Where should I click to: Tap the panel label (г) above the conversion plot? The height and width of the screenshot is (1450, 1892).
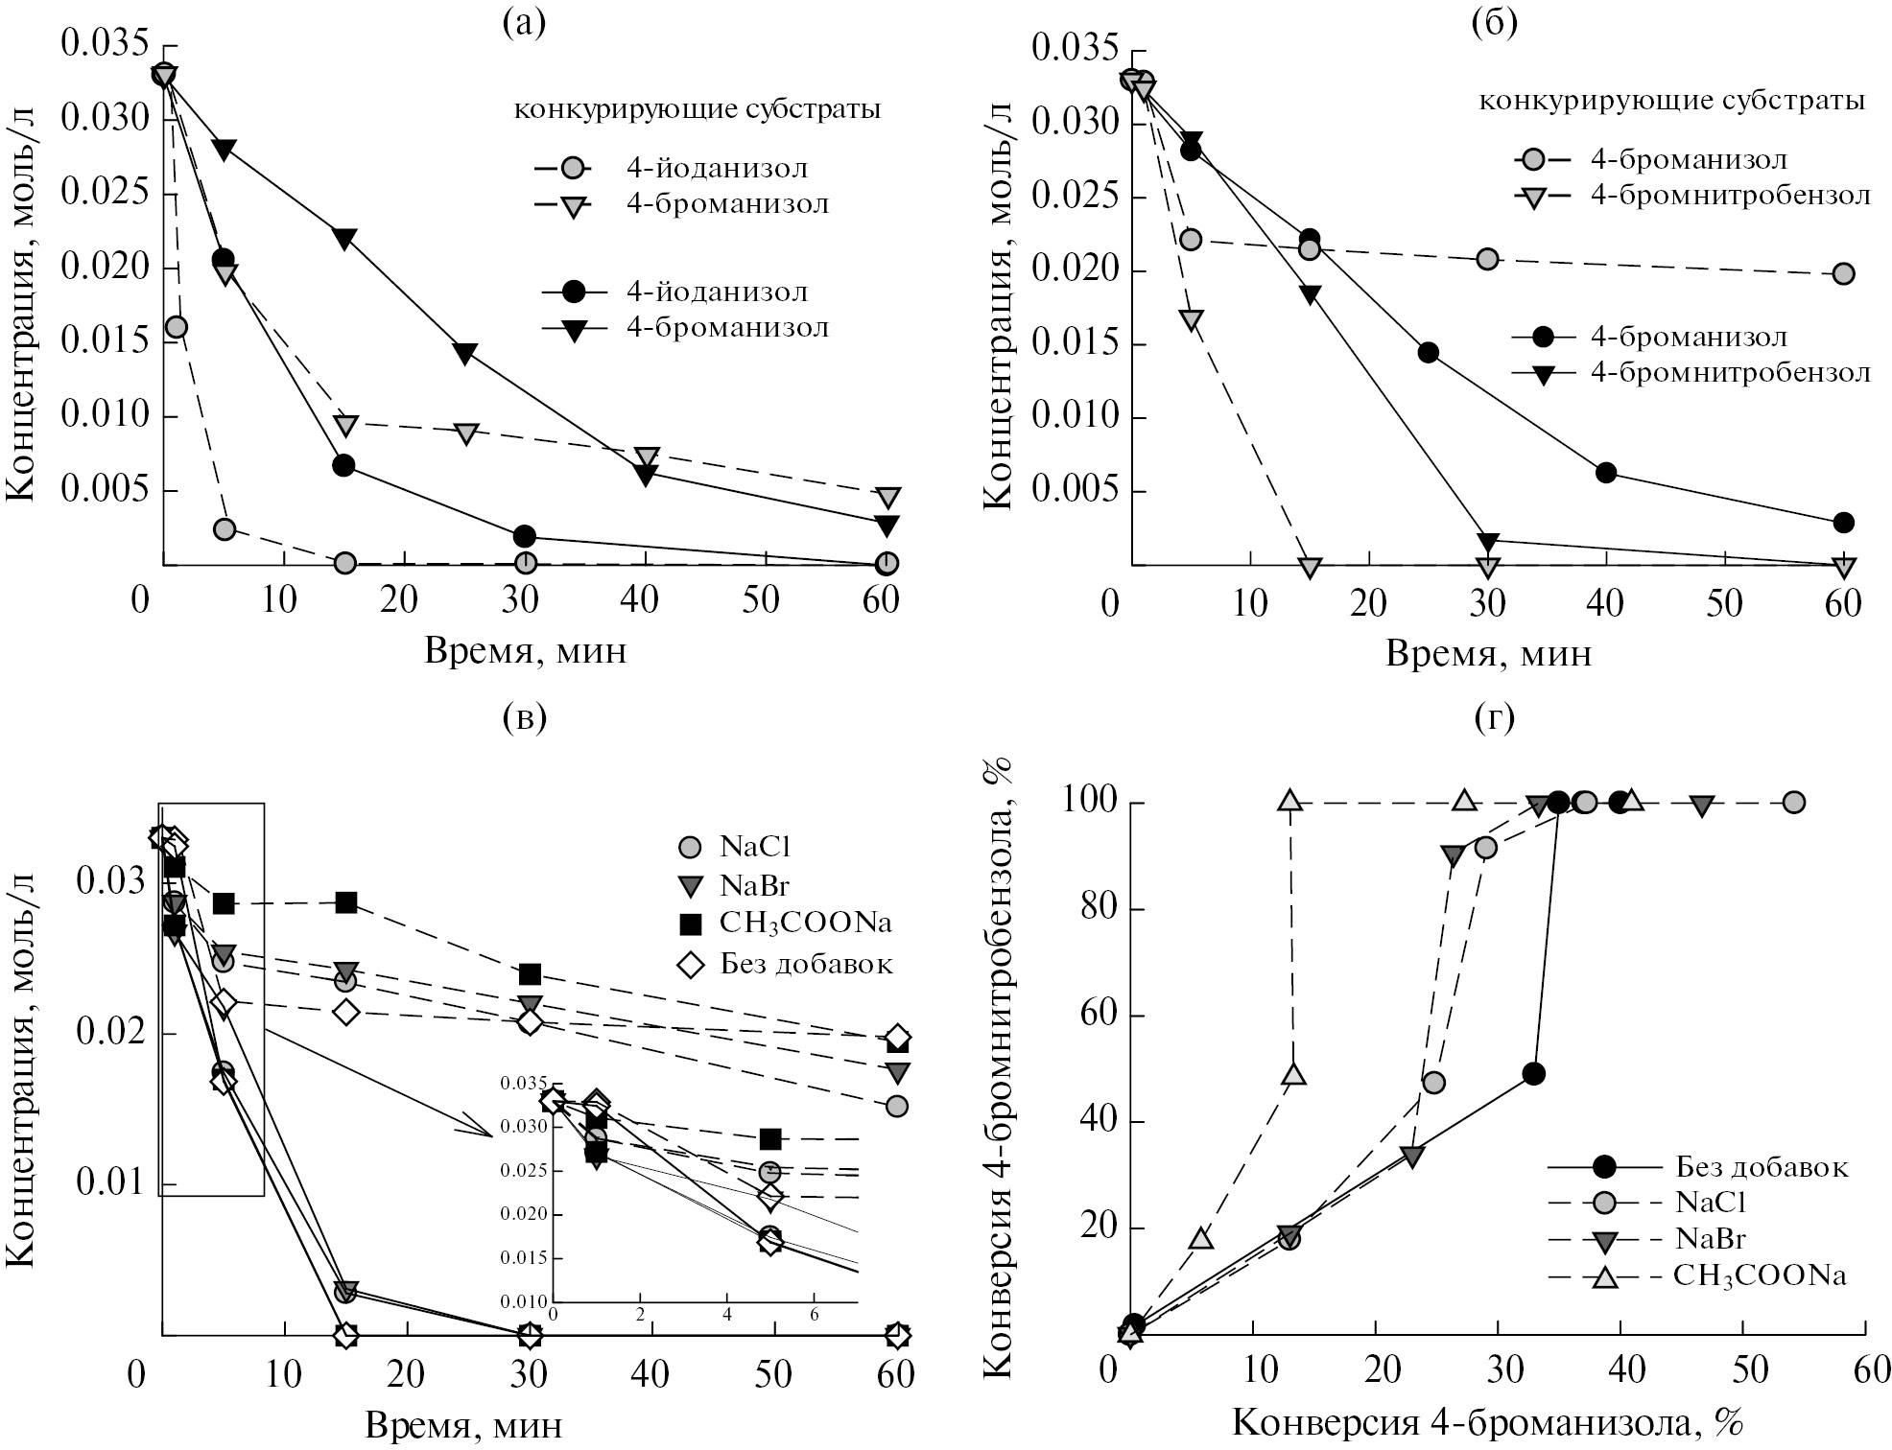(x=1494, y=716)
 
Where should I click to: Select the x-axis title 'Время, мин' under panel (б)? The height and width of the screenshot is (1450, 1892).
(x=1488, y=654)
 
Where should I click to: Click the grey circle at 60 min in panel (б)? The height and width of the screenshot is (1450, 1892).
(x=1843, y=274)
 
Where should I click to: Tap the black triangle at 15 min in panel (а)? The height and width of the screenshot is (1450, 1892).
(x=345, y=238)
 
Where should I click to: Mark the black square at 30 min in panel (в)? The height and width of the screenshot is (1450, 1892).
(x=530, y=974)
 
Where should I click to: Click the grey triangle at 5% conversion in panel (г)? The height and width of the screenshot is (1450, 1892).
(x=1201, y=1238)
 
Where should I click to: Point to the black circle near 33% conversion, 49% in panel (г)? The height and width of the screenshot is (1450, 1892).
(x=1533, y=1073)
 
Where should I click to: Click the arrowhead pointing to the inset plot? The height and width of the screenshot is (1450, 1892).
(x=480, y=1129)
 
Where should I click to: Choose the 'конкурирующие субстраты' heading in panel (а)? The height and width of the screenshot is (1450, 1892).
(x=698, y=110)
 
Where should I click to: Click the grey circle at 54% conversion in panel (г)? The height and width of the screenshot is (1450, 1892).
(x=1793, y=802)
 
